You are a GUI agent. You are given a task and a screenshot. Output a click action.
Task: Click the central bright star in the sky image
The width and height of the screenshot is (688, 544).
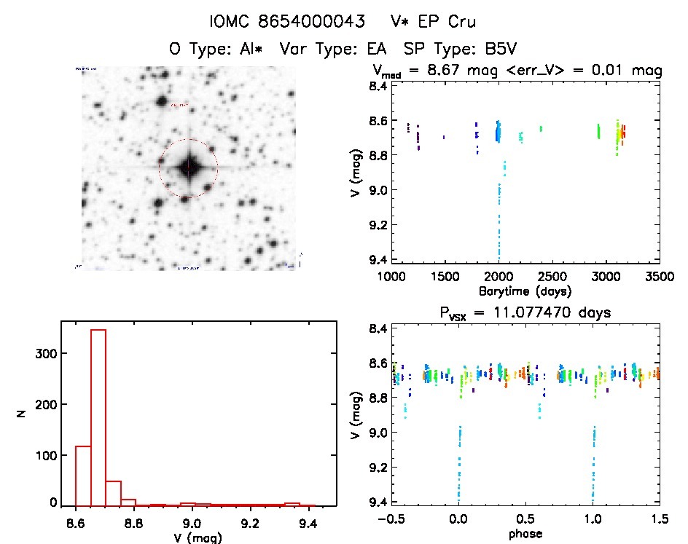click(188, 167)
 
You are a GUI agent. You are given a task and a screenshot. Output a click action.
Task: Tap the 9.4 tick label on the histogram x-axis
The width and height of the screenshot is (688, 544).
click(308, 521)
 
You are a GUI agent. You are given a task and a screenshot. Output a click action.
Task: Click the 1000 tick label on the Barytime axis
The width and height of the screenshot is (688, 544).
click(391, 277)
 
